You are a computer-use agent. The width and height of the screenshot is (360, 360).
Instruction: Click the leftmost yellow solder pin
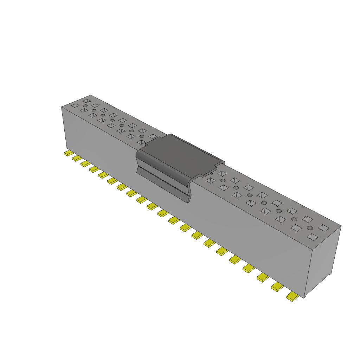(69, 153)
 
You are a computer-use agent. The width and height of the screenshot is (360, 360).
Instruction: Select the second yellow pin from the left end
(77, 158)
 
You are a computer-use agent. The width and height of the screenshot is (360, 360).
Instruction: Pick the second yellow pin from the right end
(277, 287)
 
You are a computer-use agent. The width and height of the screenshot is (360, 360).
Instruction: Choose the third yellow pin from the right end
(263, 277)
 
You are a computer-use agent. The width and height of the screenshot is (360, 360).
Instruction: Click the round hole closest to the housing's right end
(310, 228)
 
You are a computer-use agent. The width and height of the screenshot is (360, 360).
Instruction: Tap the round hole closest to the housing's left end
(85, 105)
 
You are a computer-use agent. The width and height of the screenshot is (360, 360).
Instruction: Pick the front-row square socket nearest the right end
(312, 237)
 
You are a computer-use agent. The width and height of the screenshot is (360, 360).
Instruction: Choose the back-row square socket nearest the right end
(323, 228)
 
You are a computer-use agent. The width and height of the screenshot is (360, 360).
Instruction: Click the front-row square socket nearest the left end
(75, 105)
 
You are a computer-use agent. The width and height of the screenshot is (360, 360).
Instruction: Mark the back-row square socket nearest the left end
(86, 101)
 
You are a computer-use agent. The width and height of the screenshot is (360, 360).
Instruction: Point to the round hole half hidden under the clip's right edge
(210, 173)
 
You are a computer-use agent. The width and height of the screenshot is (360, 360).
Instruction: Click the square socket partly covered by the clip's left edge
(141, 142)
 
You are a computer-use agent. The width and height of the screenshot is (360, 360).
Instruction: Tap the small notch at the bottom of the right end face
(330, 274)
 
